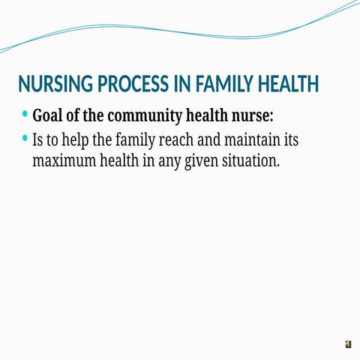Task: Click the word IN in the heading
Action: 181,84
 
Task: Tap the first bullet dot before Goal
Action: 25,115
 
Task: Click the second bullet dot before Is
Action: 25,138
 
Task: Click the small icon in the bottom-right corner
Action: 348,344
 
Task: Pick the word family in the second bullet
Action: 135,140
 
